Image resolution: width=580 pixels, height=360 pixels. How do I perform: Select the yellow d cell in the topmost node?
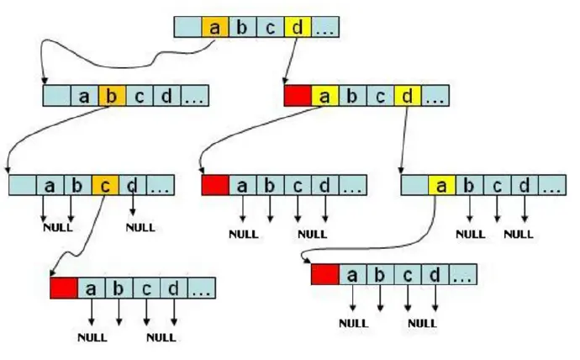pyautogui.click(x=297, y=27)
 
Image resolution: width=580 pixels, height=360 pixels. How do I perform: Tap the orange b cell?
pyautogui.click(x=111, y=95)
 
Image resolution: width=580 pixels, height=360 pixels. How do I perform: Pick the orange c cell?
pyautogui.click(x=103, y=184)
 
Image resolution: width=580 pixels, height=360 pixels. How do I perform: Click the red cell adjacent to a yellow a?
pyautogui.click(x=298, y=95)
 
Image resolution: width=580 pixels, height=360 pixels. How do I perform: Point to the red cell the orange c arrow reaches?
pyautogui.click(x=63, y=289)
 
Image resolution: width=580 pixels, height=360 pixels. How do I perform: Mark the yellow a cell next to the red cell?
pyautogui.click(x=324, y=95)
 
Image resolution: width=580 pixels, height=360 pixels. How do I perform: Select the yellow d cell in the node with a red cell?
pyautogui.click(x=407, y=95)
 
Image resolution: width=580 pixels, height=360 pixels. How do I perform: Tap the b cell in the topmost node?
pyautogui.click(x=242, y=27)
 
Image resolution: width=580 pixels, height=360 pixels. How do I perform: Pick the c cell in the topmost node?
pyautogui.click(x=270, y=27)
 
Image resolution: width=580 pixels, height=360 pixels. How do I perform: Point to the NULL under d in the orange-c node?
pyautogui.click(x=139, y=226)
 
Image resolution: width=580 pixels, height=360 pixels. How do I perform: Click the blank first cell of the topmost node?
pyautogui.click(x=187, y=27)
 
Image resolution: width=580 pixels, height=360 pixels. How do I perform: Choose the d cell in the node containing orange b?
pyautogui.click(x=166, y=95)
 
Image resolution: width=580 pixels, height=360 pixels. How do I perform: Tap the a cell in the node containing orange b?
pyautogui.click(x=84, y=95)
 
